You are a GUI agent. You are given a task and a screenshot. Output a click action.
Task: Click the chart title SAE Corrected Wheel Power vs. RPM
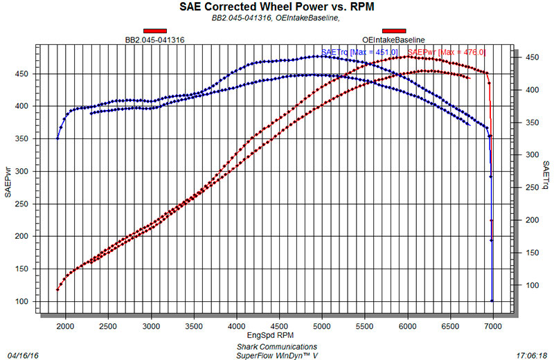coord(276,8)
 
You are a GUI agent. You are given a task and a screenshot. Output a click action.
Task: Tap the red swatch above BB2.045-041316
coord(154,30)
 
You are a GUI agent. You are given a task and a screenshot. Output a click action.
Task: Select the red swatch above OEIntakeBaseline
coord(393,30)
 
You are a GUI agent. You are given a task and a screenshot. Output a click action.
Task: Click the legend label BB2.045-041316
coord(154,40)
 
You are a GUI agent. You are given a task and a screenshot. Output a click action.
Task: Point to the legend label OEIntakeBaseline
coord(393,40)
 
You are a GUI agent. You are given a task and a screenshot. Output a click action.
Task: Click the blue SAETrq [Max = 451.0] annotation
coord(359,53)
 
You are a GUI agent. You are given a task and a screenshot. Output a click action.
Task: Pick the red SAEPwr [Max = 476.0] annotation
coord(447,53)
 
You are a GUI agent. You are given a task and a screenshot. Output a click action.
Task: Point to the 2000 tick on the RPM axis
coord(66,324)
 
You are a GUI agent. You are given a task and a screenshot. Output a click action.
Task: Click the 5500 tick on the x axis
coord(365,324)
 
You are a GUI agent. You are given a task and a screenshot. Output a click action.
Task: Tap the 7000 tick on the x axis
coord(493,324)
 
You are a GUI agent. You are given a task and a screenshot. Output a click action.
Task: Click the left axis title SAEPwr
coord(8,182)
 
